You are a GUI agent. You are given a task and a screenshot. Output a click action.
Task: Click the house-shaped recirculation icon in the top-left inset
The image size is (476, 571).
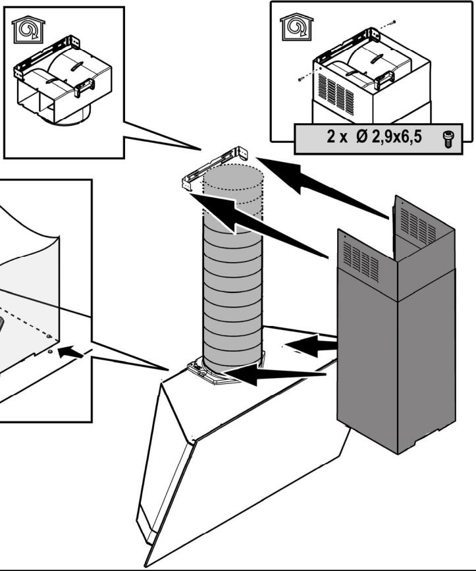[28, 30]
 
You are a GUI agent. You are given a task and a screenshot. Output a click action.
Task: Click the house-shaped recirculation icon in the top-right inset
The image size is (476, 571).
[297, 27]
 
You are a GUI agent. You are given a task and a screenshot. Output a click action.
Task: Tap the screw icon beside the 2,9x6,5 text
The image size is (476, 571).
[448, 140]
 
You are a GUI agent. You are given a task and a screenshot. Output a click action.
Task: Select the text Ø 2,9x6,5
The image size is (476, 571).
[388, 137]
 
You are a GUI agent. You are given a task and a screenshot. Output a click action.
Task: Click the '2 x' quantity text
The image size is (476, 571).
[337, 137]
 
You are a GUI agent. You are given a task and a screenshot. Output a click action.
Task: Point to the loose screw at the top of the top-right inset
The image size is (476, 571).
[392, 22]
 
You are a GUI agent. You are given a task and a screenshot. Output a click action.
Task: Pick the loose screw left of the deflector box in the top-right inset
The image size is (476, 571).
[301, 78]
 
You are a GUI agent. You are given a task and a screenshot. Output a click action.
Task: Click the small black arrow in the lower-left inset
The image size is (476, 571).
[70, 352]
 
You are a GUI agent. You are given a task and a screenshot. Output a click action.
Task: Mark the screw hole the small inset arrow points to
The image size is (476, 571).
[50, 351]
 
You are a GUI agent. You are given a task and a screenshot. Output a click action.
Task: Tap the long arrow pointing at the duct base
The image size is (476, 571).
[273, 375]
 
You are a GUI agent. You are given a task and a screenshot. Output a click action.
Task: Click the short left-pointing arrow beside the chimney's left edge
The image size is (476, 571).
[311, 344]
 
